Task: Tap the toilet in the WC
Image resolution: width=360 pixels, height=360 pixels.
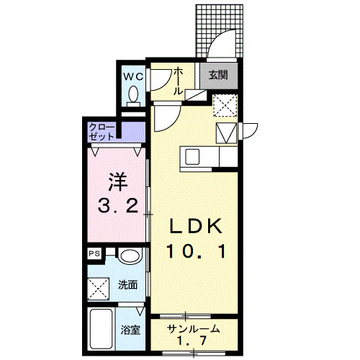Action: [x=133, y=95]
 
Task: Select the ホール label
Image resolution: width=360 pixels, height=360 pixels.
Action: [x=179, y=82]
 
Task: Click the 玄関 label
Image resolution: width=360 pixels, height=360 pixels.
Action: [x=218, y=74]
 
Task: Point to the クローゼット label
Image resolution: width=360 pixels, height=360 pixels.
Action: [x=101, y=132]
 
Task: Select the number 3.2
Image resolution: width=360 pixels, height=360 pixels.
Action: [x=117, y=207]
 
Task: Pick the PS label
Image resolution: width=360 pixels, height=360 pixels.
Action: [x=94, y=254]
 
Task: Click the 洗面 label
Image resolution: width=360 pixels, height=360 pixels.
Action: [x=127, y=284]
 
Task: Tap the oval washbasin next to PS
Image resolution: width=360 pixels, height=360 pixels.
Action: [x=129, y=256]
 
